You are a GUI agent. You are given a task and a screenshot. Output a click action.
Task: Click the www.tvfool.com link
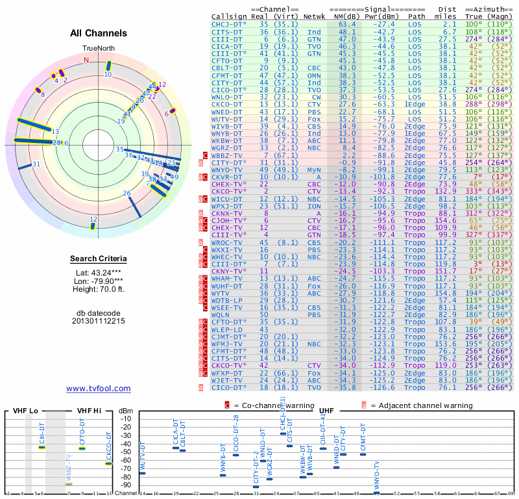[99, 389]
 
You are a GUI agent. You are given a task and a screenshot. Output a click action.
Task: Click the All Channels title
[99, 33]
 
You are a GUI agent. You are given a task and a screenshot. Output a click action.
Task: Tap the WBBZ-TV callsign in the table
[227, 156]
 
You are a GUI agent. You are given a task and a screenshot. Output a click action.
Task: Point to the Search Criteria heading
[99, 259]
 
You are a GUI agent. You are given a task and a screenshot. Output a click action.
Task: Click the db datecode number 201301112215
[99, 321]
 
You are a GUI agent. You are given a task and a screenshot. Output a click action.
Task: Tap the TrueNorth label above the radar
[99, 49]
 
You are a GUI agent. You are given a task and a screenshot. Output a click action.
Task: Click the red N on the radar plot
[86, 60]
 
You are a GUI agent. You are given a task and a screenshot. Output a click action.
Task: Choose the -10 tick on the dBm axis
[126, 418]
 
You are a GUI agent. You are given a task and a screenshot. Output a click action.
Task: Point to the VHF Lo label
[25, 411]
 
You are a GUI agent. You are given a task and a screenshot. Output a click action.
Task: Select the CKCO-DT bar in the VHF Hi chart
[108, 463]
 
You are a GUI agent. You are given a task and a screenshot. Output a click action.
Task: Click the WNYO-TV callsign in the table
[227, 170]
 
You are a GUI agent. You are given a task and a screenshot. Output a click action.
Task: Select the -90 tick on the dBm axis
[126, 485]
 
